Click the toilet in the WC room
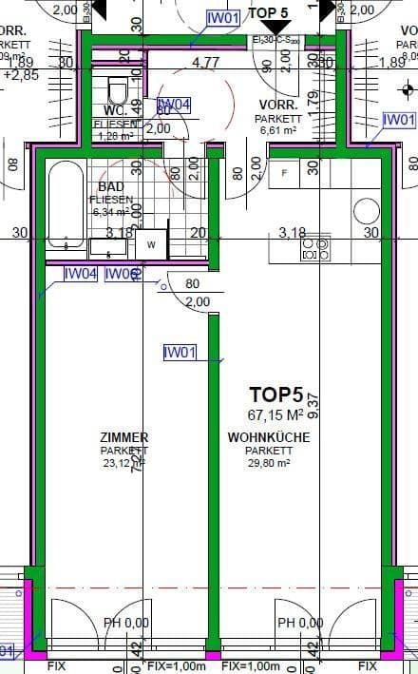point(118,91)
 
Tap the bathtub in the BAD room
point(65,204)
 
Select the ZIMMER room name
point(123,437)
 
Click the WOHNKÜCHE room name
point(267,437)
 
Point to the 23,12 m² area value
point(122,464)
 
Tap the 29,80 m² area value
point(267,464)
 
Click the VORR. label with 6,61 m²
point(279,104)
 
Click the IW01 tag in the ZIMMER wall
point(180,353)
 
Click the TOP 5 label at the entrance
point(269,11)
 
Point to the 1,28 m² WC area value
point(118,136)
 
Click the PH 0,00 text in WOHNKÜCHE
point(300,624)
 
